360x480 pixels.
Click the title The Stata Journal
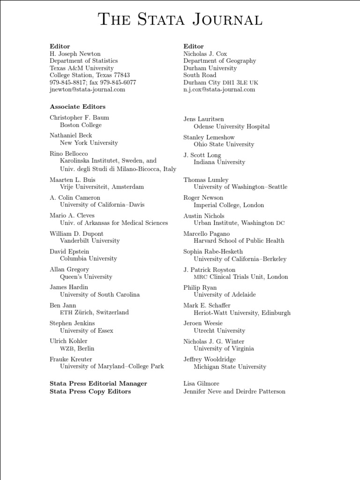(180, 20)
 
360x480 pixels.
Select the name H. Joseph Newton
(75, 54)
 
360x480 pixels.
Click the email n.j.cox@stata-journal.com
(219, 90)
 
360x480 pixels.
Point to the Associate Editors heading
(77, 107)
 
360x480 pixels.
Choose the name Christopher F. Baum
(79, 118)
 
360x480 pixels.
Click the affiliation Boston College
(81, 125)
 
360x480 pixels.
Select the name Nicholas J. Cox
(205, 54)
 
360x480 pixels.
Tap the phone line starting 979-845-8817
(93, 82)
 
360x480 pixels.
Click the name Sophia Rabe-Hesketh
(213, 252)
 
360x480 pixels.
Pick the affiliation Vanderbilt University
(90, 241)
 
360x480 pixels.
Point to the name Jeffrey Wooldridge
(210, 360)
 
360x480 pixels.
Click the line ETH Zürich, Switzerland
(94, 313)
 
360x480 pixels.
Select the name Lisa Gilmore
(201, 384)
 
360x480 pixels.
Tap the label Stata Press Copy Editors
(90, 391)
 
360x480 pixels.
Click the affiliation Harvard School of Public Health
(239, 241)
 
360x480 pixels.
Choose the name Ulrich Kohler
(68, 341)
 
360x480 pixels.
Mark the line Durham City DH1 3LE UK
(220, 82)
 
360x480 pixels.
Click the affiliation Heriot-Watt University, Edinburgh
(242, 313)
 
